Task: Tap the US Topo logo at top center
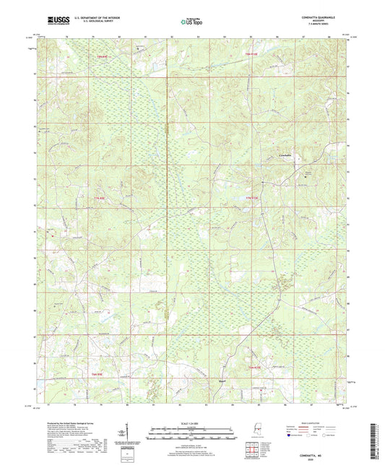pyautogui.click(x=189, y=22)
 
